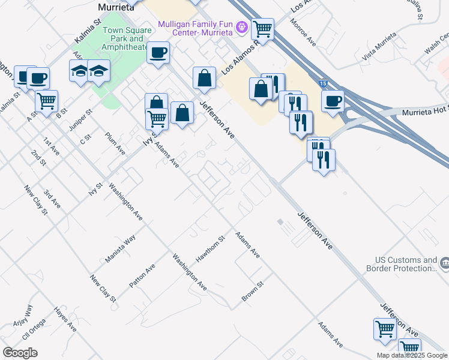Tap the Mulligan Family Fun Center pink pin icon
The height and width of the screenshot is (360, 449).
coord(242,26)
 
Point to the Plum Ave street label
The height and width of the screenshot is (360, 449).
coord(114,145)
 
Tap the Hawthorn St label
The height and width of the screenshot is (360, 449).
coord(210,249)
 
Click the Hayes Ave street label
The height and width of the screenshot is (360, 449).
coord(65,319)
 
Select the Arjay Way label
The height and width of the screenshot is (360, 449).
coord(25,316)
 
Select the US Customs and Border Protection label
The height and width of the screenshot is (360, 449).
coord(406,264)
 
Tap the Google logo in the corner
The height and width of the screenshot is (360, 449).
coord(20,353)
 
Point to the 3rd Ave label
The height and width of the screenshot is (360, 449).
coord(52,200)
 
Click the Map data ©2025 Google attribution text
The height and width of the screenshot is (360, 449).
coord(411,355)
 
